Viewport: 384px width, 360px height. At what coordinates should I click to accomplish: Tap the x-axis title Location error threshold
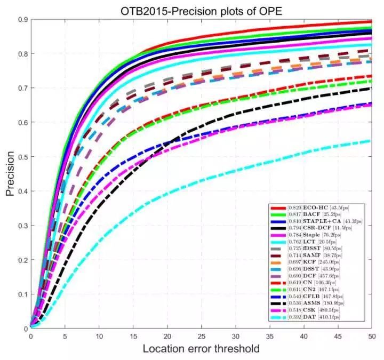[x=201, y=349]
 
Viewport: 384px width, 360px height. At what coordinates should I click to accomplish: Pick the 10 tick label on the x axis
[x=99, y=337]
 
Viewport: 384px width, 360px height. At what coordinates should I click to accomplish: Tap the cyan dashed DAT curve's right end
[x=370, y=141]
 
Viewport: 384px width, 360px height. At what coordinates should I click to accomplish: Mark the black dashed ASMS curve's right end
[x=371, y=89]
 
